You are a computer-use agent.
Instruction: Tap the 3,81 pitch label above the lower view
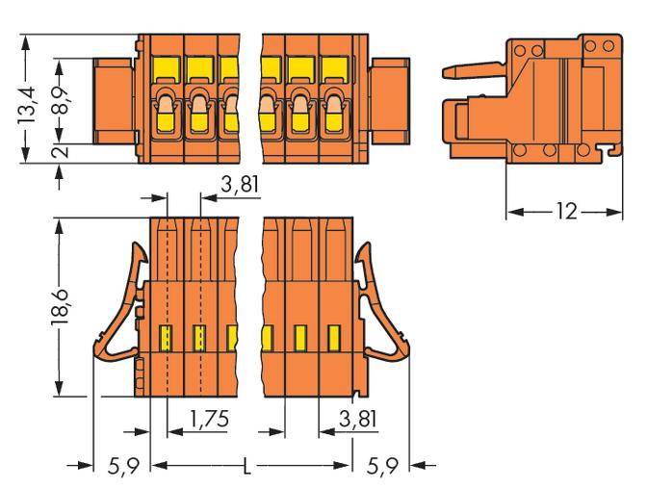pyautogui.click(x=238, y=186)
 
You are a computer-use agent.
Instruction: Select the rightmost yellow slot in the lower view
pyautogui.click(x=334, y=337)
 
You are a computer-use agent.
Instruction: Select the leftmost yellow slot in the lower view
pyautogui.click(x=165, y=337)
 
